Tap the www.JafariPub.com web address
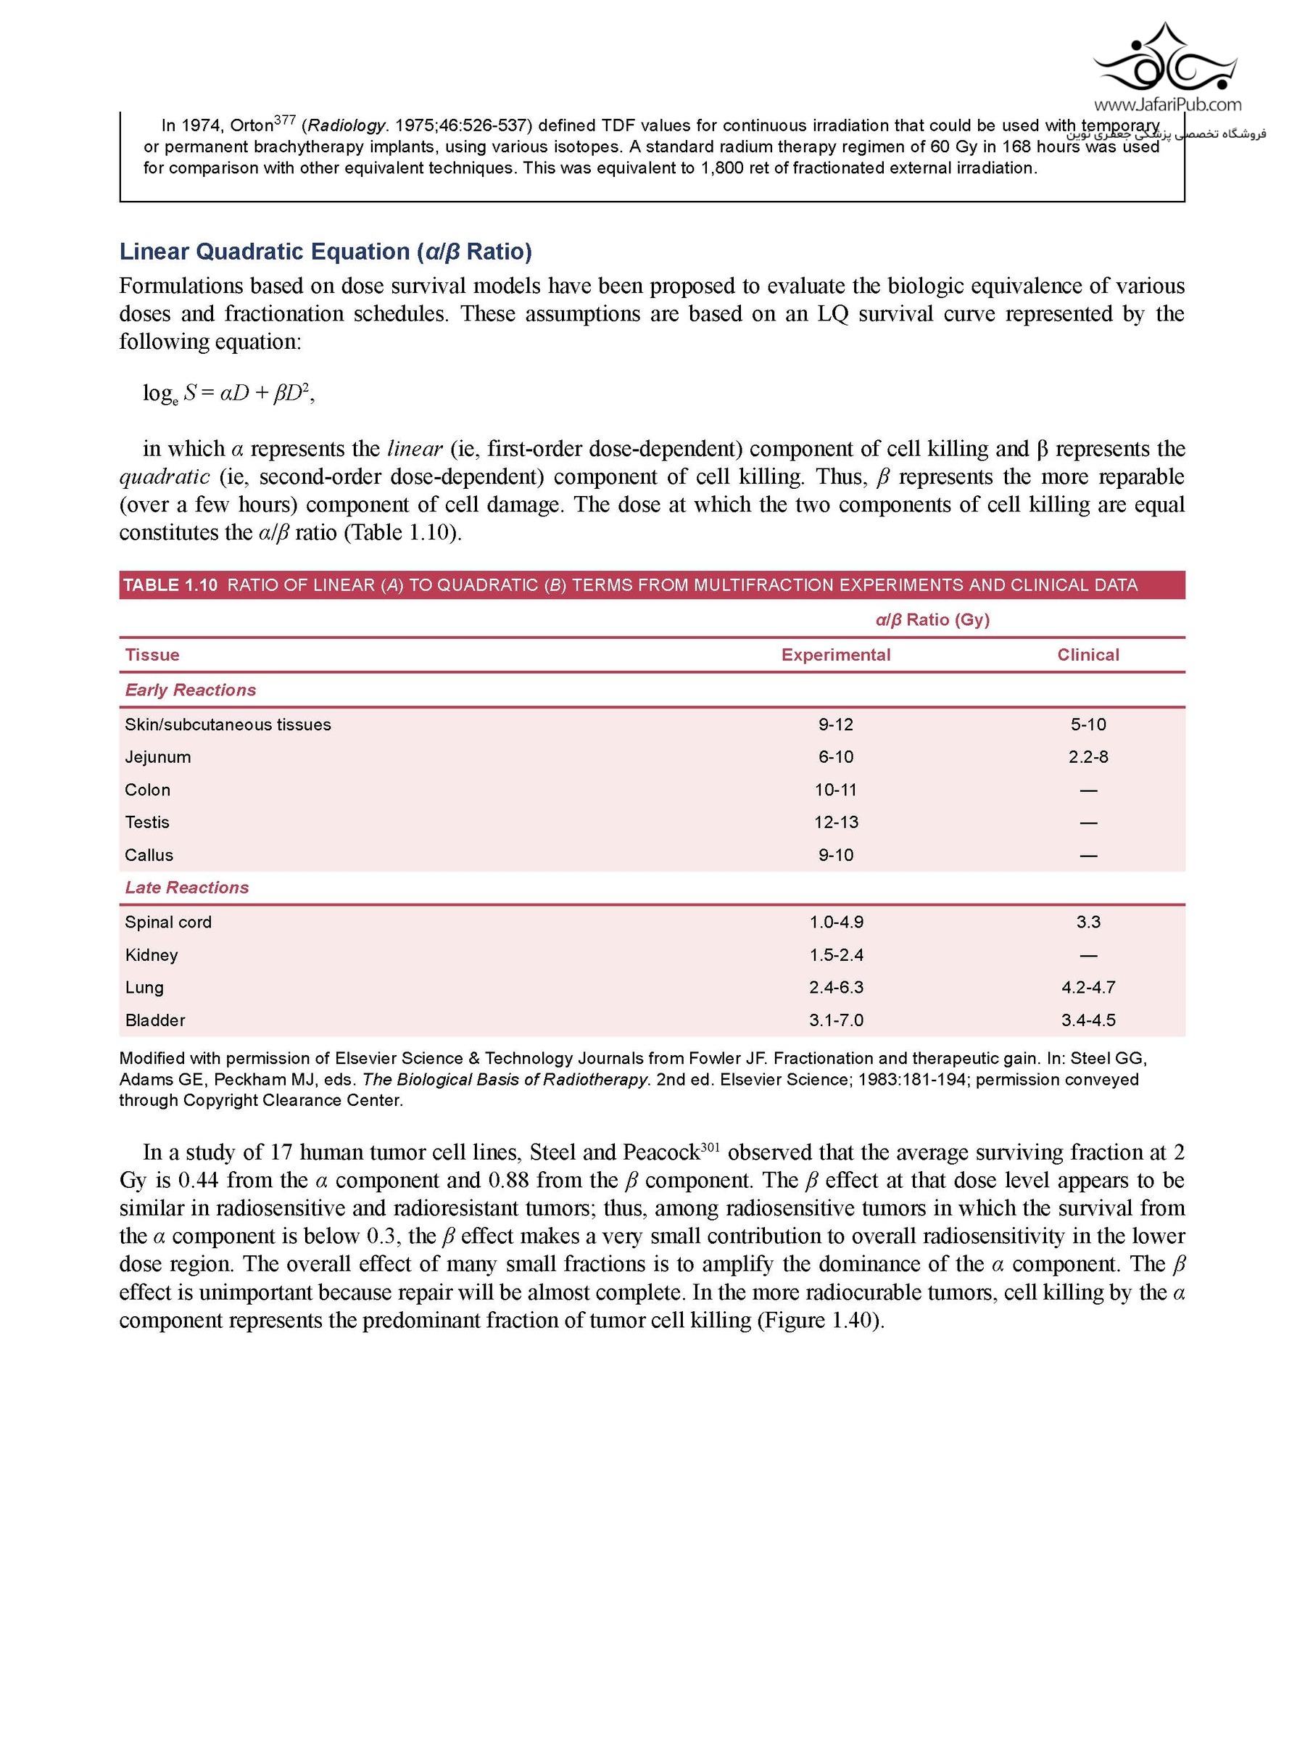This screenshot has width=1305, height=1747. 1167,104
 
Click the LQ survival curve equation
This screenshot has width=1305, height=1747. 228,392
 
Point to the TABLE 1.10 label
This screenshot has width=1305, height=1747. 170,585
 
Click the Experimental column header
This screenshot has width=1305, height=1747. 835,655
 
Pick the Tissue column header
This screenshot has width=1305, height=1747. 152,655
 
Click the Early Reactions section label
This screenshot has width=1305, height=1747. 190,690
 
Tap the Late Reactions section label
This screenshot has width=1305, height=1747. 187,887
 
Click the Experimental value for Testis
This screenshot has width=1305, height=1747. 835,822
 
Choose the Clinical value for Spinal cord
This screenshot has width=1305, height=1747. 1088,922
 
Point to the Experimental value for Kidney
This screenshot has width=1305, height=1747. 835,955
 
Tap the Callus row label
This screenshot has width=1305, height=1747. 149,854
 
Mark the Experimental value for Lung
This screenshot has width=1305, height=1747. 835,987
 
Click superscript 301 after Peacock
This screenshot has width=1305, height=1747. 709,1145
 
